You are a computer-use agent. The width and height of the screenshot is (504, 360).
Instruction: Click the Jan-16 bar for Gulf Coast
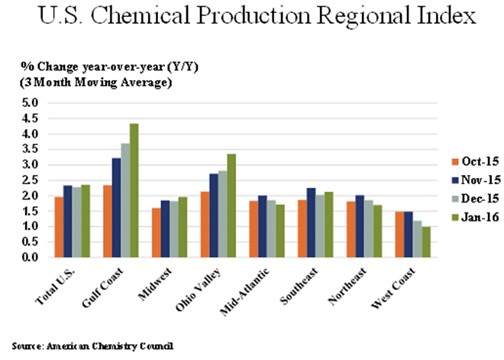tap(134, 190)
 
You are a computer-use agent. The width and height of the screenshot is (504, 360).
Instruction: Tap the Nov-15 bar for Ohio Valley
tap(192, 216)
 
